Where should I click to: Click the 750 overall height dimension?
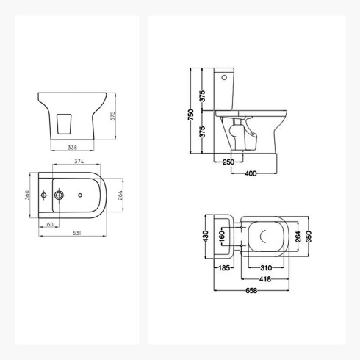pos(191,115)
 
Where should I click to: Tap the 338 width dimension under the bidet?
pos(72,148)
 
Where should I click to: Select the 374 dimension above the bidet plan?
pos(79,161)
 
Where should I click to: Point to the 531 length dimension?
pos(76,234)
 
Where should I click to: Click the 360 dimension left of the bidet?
pos(27,195)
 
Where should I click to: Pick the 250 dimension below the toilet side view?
pos(228,162)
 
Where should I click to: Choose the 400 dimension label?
pos(251,173)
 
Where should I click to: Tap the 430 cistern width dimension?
pos(206,237)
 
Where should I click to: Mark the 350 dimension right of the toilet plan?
pos(309,237)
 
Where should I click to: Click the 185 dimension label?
pos(224,268)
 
